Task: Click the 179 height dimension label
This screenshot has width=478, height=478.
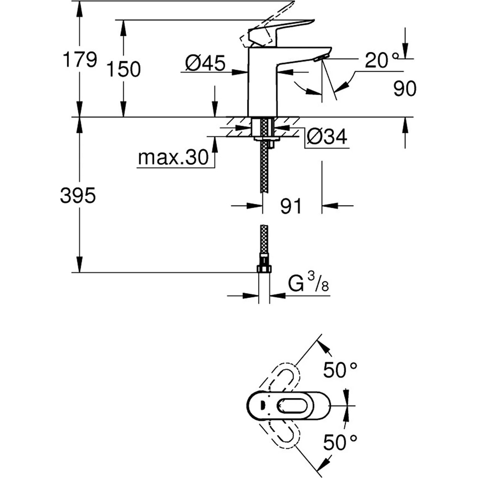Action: point(79,60)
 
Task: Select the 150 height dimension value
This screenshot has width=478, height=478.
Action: point(123,70)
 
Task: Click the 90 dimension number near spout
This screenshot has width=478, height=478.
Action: point(405,89)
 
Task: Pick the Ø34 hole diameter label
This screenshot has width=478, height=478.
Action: point(327,138)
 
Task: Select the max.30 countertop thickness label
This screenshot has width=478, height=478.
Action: point(174,157)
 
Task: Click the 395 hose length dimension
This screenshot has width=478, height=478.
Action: point(78,196)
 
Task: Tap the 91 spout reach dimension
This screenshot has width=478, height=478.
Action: point(292,206)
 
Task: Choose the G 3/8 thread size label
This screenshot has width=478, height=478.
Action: point(308,286)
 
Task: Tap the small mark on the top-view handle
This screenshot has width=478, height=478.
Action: point(261,406)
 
